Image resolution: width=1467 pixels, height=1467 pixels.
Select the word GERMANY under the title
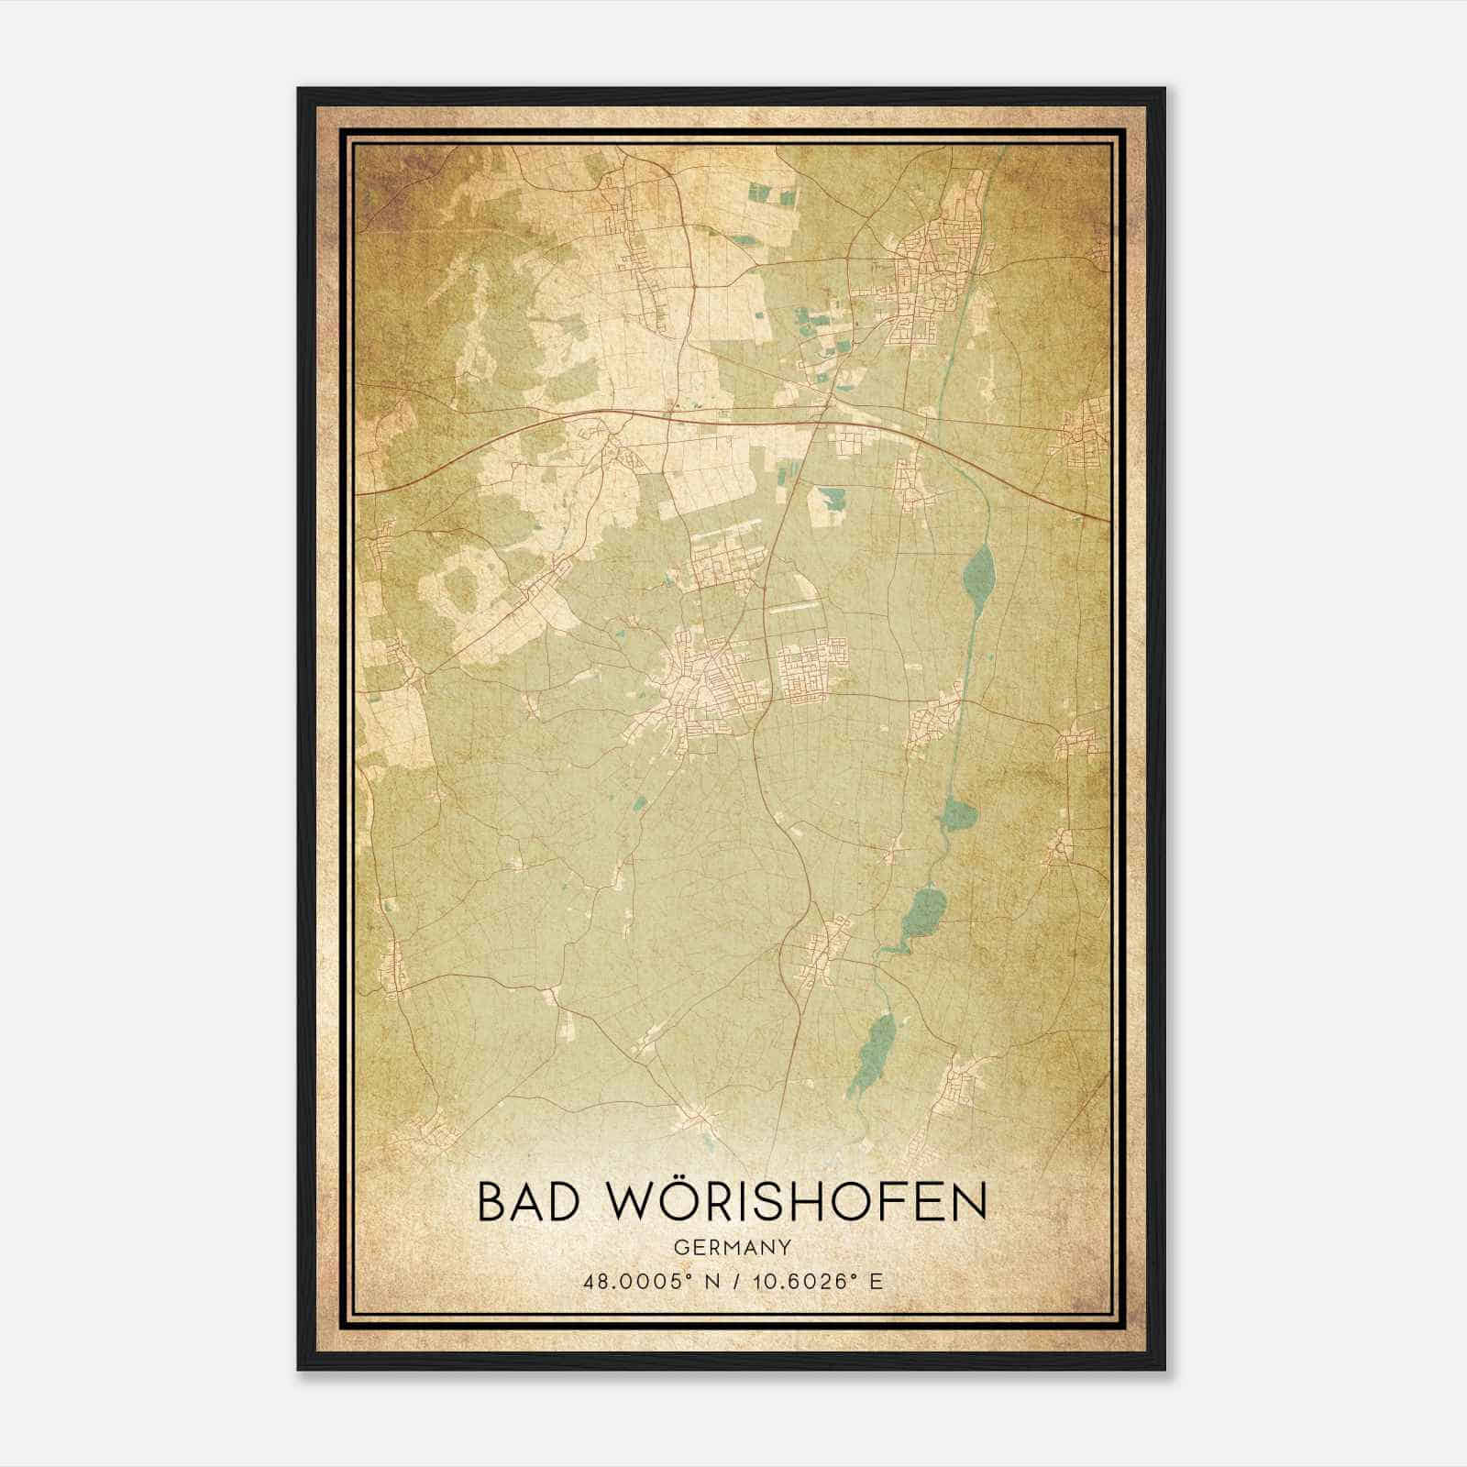tap(733, 1248)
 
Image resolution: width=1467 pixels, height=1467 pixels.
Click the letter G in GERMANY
tap(678, 1248)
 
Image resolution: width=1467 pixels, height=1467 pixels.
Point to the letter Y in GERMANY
tap(787, 1248)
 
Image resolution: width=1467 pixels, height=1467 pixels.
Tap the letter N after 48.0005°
tap(715, 1282)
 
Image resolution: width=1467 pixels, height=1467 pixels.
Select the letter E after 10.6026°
tap(877, 1282)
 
